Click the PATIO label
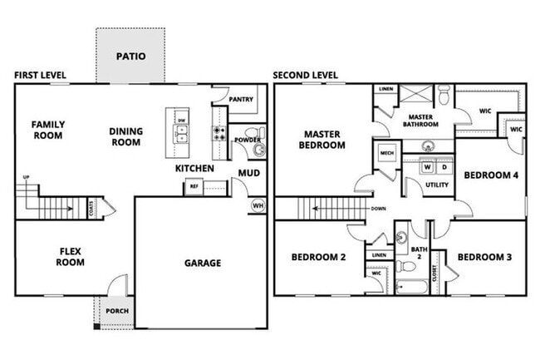pos(130,57)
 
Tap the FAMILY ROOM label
pos(48,131)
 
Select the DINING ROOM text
pos(126,136)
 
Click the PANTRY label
pos(241,99)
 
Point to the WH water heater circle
pos(258,205)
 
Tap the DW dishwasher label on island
pos(181,121)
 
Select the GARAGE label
pos(202,264)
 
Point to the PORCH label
pos(115,311)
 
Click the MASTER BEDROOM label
pos(324,140)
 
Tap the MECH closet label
pos(386,154)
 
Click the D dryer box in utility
pos(444,167)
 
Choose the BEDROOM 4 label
pos(490,175)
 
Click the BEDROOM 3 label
pos(484,257)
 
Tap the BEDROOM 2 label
pos(318,257)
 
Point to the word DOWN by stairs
pos(378,209)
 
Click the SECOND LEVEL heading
pos(306,75)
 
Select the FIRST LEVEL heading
pos(41,75)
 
